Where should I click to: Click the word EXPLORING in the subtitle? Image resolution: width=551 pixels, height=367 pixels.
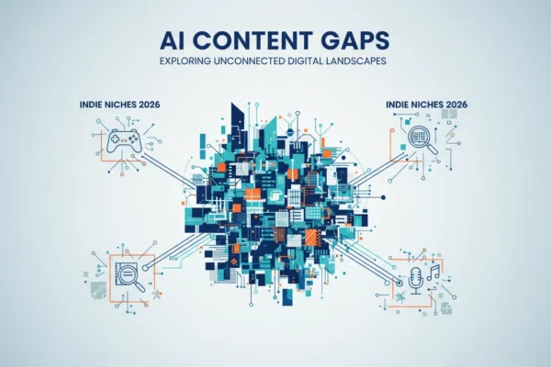tap(186, 61)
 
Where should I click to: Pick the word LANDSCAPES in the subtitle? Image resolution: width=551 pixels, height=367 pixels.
tap(356, 61)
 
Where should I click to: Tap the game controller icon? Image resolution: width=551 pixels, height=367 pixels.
tap(124, 140)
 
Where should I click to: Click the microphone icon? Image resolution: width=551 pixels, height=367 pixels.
tap(416, 280)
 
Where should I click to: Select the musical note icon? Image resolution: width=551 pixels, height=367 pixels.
tap(433, 272)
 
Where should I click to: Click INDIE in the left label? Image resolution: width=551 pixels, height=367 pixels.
tap(89, 105)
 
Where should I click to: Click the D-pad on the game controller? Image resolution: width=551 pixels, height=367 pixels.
tap(116, 139)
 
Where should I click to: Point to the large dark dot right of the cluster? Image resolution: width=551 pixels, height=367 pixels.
tap(383, 197)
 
